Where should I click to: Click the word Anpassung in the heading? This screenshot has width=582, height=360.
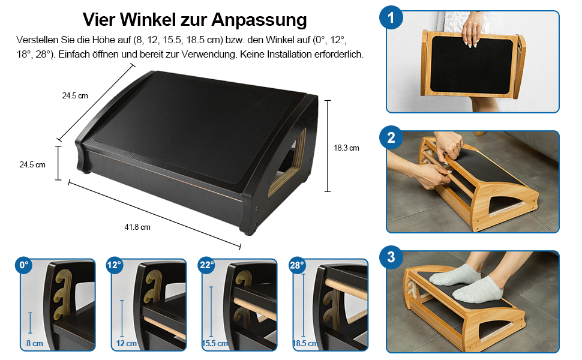259,19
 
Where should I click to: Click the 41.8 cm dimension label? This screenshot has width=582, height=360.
137,227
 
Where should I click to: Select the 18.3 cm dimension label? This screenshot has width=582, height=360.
346,148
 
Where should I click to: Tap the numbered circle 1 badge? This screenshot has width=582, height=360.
391,17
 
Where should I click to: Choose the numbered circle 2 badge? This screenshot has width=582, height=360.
391,137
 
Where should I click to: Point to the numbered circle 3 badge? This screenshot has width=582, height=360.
391,257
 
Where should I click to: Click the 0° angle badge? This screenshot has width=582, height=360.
24,265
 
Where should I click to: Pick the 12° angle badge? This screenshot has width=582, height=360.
115,265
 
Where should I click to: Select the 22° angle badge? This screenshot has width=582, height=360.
206,265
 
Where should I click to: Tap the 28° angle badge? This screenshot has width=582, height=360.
297,265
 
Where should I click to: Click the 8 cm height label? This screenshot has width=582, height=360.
35,344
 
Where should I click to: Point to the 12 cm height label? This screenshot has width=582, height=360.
127,344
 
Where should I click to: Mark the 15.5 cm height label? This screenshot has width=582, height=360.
215,344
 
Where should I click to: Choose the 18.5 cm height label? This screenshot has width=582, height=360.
305,344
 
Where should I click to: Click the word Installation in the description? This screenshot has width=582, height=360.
289,54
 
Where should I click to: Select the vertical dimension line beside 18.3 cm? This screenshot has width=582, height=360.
328,146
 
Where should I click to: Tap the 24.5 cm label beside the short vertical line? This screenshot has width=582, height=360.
32,165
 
